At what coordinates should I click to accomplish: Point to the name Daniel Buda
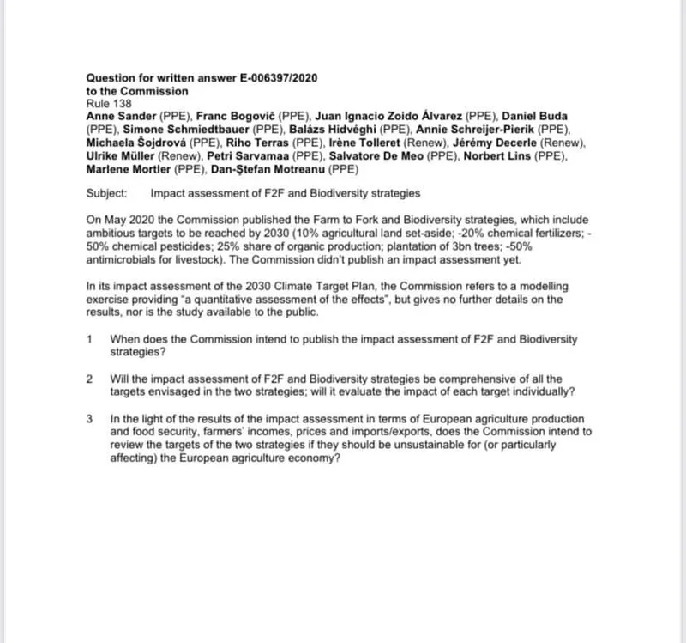[534, 116]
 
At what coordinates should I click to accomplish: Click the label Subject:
[107, 194]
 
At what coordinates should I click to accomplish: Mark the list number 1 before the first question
[90, 339]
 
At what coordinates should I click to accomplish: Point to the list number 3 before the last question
[90, 419]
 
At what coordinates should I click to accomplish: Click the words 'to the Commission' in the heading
[137, 90]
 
